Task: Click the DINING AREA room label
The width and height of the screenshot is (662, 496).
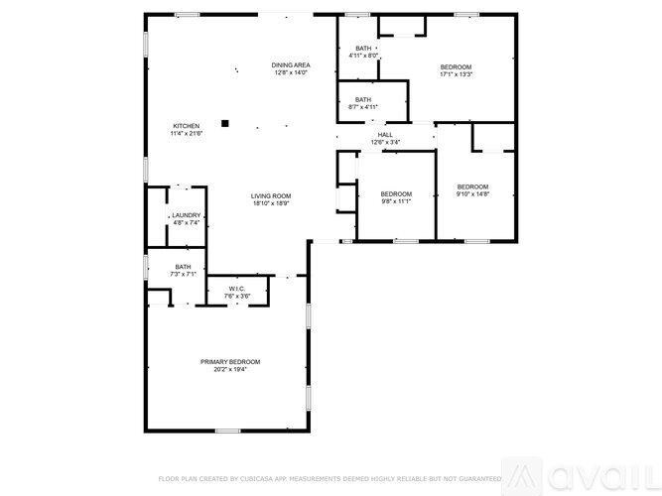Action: click(290, 64)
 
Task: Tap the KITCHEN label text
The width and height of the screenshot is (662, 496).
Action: click(187, 126)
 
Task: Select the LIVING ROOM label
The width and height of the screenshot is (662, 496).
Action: click(270, 195)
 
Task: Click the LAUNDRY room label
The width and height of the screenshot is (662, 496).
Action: click(187, 215)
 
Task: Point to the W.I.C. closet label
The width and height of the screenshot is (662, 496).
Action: click(236, 289)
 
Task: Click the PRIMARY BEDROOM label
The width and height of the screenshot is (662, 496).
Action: click(230, 362)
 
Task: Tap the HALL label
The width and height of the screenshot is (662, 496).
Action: click(385, 134)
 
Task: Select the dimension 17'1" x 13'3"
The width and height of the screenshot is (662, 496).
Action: click(457, 74)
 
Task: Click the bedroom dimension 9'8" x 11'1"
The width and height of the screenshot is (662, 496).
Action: click(396, 201)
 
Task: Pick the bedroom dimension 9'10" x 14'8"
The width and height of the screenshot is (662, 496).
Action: click(472, 194)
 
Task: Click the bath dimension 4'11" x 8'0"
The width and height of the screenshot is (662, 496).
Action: click(363, 56)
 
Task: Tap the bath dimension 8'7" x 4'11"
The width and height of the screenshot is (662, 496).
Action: click(363, 106)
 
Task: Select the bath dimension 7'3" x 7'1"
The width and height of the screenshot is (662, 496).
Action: click(184, 274)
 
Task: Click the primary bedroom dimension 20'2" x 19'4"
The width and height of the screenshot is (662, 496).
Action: click(230, 370)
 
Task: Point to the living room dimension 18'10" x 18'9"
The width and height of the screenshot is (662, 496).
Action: click(270, 203)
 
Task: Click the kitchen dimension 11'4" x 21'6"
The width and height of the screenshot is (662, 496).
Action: click(187, 134)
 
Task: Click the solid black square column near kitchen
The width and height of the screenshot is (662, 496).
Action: click(226, 123)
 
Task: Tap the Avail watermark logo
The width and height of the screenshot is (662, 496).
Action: click(592, 473)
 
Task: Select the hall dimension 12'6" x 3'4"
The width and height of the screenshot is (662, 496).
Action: click(385, 142)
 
